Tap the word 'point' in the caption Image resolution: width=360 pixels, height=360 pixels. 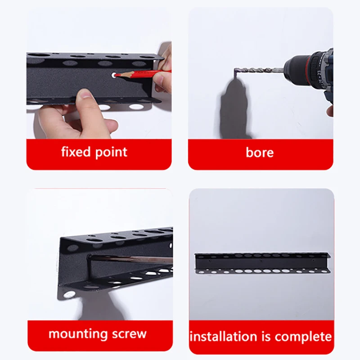112,153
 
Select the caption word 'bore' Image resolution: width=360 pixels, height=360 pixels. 260,153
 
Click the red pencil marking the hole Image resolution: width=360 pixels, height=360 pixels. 139,74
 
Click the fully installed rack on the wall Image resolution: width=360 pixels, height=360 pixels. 262,263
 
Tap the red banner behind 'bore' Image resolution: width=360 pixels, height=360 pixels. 261,154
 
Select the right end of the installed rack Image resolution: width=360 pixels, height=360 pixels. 328,264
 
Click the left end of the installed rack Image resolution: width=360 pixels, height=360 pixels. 197,263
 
